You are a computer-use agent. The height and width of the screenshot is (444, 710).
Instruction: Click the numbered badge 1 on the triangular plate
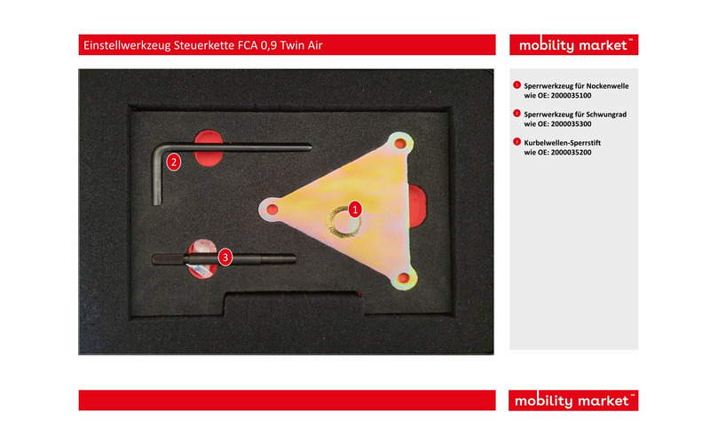355,210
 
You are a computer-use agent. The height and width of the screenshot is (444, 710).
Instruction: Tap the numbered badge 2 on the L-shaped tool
173,162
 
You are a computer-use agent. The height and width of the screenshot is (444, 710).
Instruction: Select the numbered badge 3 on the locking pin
225,258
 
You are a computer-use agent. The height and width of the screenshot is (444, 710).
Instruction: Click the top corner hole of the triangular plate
400,144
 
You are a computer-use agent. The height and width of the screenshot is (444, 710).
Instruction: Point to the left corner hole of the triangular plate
272,210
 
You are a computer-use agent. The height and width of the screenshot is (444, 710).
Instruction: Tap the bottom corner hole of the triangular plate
402,277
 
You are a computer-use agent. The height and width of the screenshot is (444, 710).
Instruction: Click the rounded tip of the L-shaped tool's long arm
309,147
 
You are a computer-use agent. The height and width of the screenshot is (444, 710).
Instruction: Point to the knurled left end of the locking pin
168,259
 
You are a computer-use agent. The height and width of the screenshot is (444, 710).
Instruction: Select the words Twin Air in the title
301,45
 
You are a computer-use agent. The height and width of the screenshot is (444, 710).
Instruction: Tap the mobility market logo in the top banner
573,45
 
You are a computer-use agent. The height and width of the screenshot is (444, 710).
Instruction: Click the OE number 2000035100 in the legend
571,96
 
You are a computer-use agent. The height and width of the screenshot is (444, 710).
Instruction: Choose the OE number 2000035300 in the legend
571,124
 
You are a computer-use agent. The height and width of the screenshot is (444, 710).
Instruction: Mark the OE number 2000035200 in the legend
571,153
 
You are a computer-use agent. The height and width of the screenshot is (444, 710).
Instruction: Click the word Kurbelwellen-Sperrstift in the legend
563,143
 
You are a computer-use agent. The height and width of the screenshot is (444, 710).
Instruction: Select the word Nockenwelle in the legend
607,85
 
